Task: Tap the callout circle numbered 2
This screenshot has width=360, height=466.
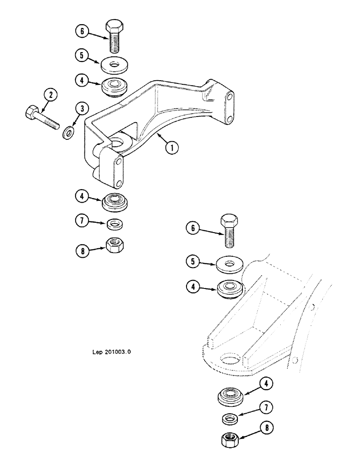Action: (51, 96)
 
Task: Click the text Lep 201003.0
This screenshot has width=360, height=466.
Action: (108, 352)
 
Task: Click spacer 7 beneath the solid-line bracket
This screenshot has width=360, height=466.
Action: (114, 224)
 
